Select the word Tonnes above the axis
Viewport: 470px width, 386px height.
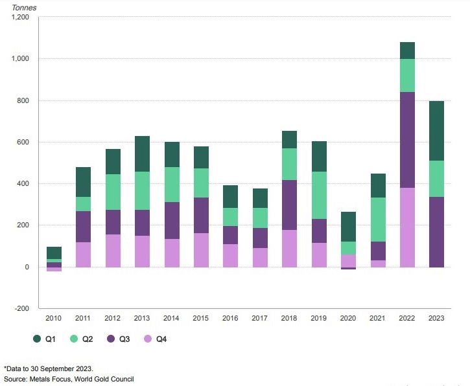(25, 7)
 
